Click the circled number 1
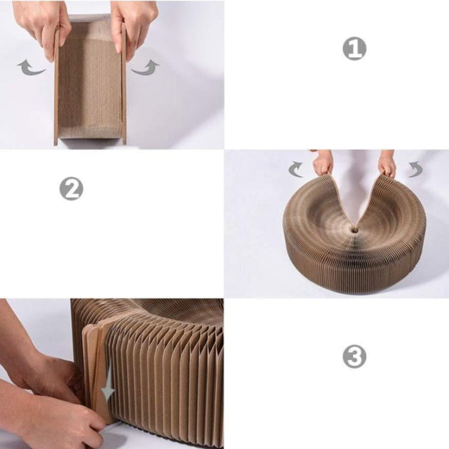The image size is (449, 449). point(354,49)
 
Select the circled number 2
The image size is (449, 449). point(71,189)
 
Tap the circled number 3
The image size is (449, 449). point(354,356)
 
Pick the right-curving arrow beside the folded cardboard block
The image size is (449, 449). point(145,67)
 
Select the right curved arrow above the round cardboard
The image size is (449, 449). point(415,169)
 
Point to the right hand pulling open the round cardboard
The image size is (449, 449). point(387,163)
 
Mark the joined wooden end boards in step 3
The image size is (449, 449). point(95,359)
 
